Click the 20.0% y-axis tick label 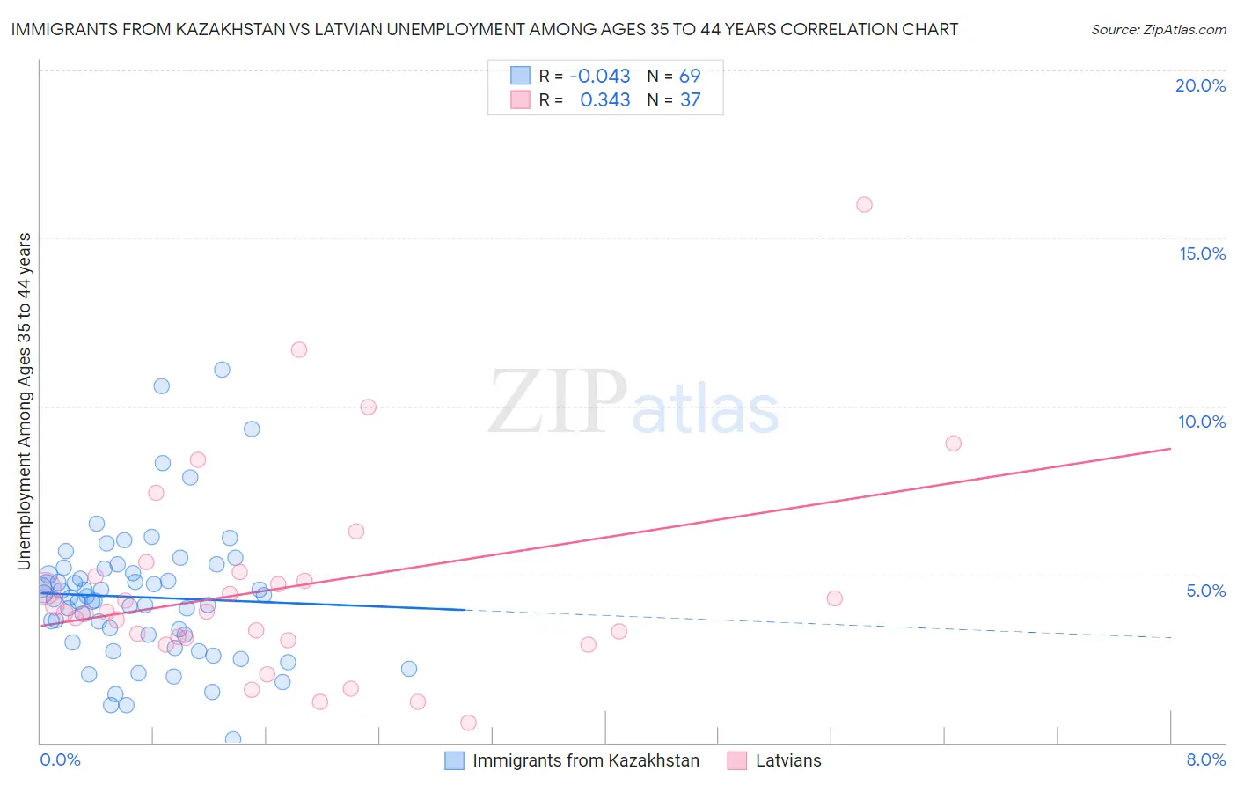(1200, 85)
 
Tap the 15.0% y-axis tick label (1202, 253)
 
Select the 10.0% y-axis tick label (1202, 422)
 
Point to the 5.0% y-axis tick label (1205, 591)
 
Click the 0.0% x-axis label (60, 759)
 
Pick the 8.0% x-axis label (1205, 759)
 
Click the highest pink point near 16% (864, 205)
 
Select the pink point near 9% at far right (953, 444)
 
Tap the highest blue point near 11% (222, 370)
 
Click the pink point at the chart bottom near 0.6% (468, 723)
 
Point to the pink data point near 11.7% (299, 349)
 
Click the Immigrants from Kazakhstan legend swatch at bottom (454, 760)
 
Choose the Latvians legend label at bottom (788, 760)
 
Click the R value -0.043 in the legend (600, 77)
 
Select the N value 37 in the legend (691, 100)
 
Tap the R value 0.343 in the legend (605, 100)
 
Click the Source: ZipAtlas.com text (1158, 30)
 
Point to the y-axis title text (25, 401)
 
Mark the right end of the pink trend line (1171, 449)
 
